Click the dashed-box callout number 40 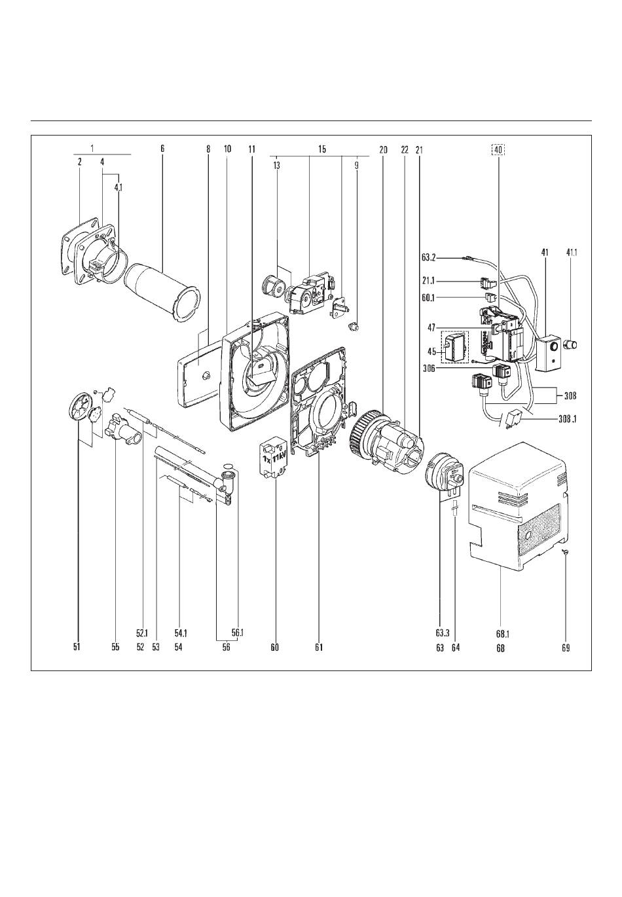(x=498, y=149)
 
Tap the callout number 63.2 (x=429, y=259)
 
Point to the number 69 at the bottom (x=565, y=647)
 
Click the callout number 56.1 (x=238, y=632)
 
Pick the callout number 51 (x=77, y=647)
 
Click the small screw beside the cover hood (x=566, y=551)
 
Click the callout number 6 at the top (x=162, y=149)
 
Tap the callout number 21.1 (x=429, y=281)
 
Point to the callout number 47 (x=431, y=327)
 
